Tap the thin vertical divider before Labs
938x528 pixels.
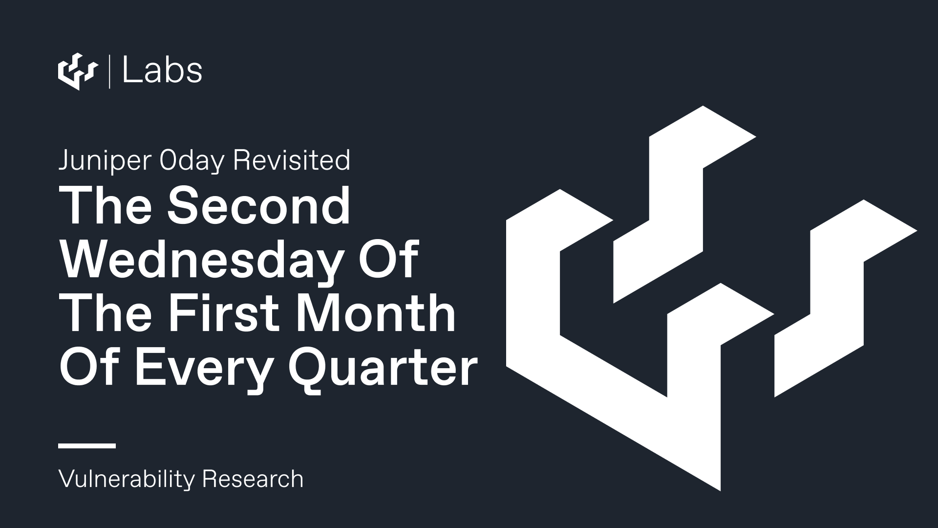click(x=109, y=72)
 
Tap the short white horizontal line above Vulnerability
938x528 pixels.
click(x=87, y=445)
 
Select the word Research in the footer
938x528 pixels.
click(x=253, y=479)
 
